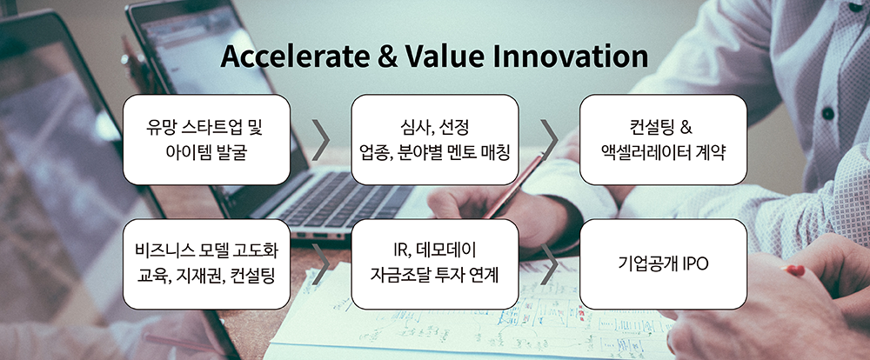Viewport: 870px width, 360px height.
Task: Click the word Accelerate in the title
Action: pos(294,57)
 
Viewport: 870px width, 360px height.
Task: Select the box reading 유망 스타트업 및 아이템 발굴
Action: pos(206,139)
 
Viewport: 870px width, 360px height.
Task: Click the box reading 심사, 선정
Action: pos(435,139)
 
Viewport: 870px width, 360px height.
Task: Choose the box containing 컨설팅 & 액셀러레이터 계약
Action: pos(663,139)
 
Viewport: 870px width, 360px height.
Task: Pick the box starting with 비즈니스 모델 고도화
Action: pos(206,264)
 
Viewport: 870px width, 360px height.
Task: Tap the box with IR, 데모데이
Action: pos(435,264)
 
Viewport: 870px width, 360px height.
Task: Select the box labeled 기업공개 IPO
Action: pos(663,264)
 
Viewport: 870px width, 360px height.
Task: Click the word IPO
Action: pos(694,264)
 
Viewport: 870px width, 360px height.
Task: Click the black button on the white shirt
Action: pos(828,113)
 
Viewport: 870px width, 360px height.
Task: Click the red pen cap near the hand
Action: pos(794,270)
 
